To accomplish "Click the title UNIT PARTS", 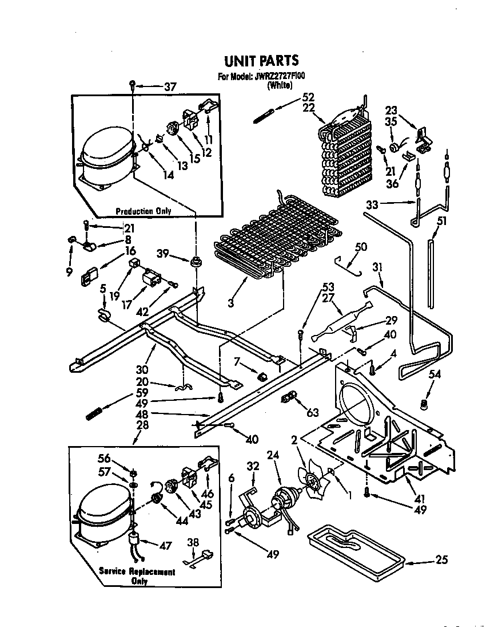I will pos(261,61).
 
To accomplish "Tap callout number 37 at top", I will pos(170,86).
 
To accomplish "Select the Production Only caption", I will pos(144,211).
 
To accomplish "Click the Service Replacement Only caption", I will pos(137,576).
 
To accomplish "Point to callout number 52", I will pos(308,97).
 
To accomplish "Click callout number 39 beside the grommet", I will pos(163,254).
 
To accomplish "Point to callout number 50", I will pos(361,247).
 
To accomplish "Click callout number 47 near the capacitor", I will pos(165,546).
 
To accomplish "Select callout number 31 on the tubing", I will pos(377,267).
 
